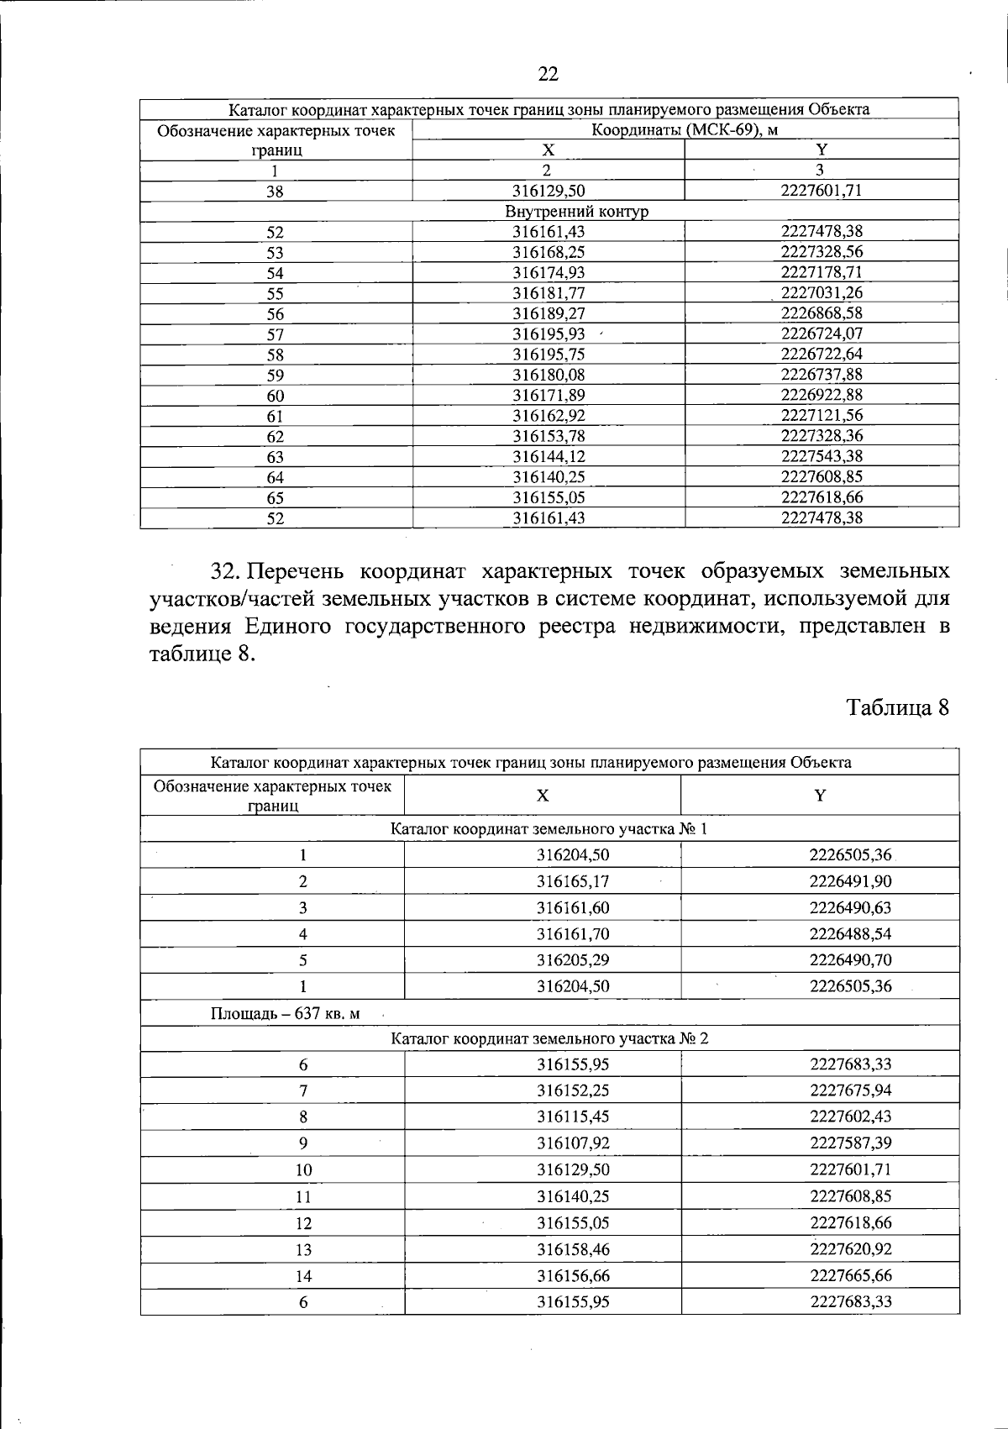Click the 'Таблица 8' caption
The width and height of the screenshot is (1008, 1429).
897,707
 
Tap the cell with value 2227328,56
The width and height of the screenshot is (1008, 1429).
822,252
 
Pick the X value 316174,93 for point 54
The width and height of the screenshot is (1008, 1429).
549,273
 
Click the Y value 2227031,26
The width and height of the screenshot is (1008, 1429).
822,293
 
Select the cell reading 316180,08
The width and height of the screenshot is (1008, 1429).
549,375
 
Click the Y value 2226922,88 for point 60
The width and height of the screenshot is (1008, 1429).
822,395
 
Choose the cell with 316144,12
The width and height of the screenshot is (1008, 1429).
549,456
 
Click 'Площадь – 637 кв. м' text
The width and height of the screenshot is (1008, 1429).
285,1013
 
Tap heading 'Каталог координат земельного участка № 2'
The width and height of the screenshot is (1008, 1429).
549,1038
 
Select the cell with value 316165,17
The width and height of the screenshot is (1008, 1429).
573,882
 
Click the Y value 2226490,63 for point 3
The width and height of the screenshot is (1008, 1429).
850,908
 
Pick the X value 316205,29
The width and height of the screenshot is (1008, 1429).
573,960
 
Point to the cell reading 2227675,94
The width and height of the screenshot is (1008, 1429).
850,1091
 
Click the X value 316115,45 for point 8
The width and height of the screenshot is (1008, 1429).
573,1117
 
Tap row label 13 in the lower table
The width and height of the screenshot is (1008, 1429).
303,1250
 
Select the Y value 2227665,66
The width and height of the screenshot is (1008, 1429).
850,1276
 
